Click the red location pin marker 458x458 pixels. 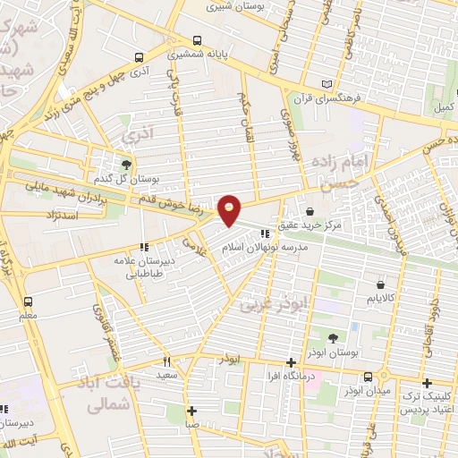(x=230, y=209)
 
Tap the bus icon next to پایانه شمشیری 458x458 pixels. (x=197, y=40)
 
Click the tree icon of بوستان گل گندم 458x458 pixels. (x=126, y=164)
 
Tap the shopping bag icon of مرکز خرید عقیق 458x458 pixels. (x=310, y=212)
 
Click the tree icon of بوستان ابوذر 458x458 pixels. (x=332, y=337)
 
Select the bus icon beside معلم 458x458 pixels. (x=28, y=301)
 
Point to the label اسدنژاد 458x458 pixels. (x=62, y=216)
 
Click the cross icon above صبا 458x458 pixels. (x=191, y=411)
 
